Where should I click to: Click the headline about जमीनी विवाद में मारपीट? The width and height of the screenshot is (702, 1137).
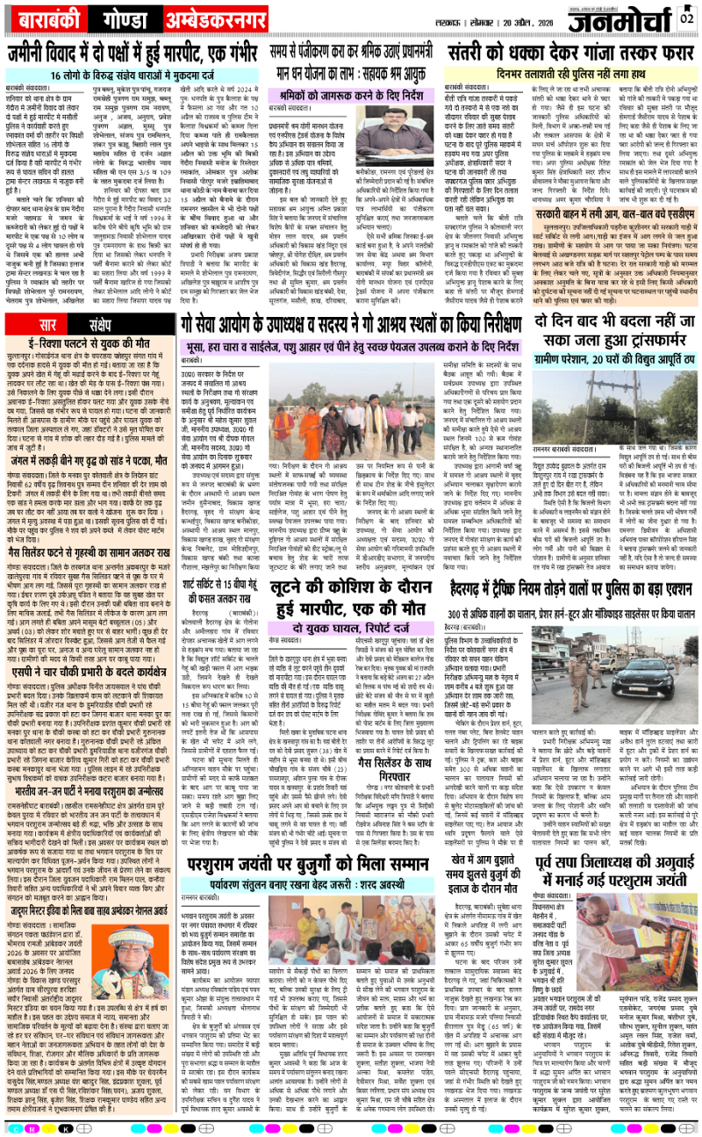[149, 54]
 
